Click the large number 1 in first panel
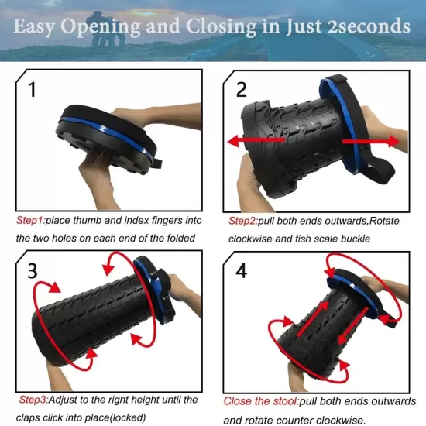click(32, 90)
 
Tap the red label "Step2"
click(243, 221)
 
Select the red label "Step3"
click(33, 400)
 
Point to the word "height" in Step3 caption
click(141, 400)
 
